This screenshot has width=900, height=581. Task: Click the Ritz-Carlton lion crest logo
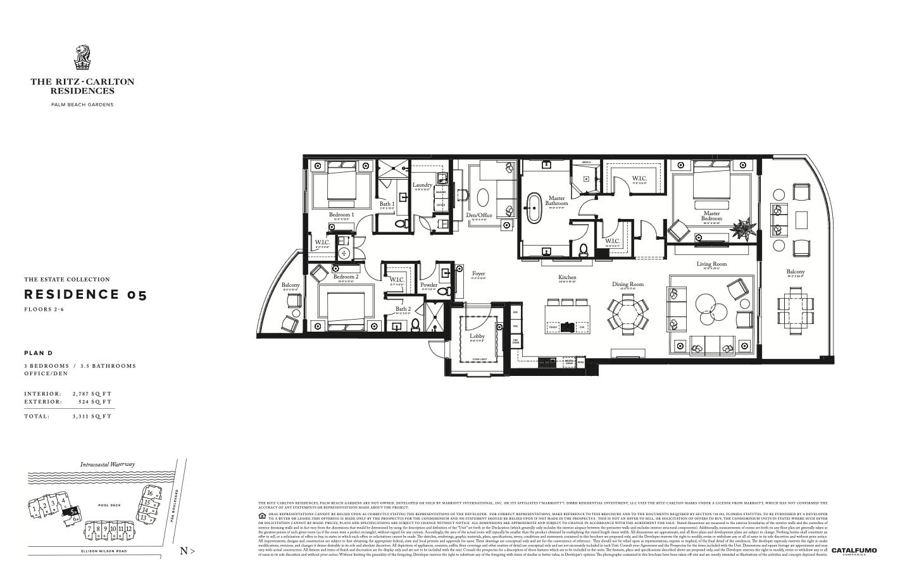pyautogui.click(x=82, y=58)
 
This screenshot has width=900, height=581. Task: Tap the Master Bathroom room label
pyautogui.click(x=556, y=201)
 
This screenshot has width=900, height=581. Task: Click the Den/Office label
pyautogui.click(x=479, y=215)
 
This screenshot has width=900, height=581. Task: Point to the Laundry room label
pyautogui.click(x=422, y=185)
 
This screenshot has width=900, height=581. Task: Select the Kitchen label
pyautogui.click(x=567, y=277)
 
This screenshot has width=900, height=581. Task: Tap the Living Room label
pyautogui.click(x=711, y=264)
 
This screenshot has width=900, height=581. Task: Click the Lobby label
pyautogui.click(x=477, y=336)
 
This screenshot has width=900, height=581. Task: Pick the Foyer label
pyautogui.click(x=478, y=274)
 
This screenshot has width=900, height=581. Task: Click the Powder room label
pyautogui.click(x=428, y=285)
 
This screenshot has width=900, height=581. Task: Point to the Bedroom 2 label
pyautogui.click(x=346, y=277)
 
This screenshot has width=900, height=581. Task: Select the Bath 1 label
pyautogui.click(x=387, y=204)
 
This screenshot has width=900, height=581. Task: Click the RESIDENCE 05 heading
pyautogui.click(x=85, y=294)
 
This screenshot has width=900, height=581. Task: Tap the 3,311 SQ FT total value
pyautogui.click(x=92, y=416)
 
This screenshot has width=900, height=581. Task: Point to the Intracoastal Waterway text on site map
pyautogui.click(x=107, y=464)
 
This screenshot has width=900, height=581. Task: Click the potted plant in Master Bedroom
pyautogui.click(x=742, y=226)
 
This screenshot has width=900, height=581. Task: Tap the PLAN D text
pyautogui.click(x=38, y=353)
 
